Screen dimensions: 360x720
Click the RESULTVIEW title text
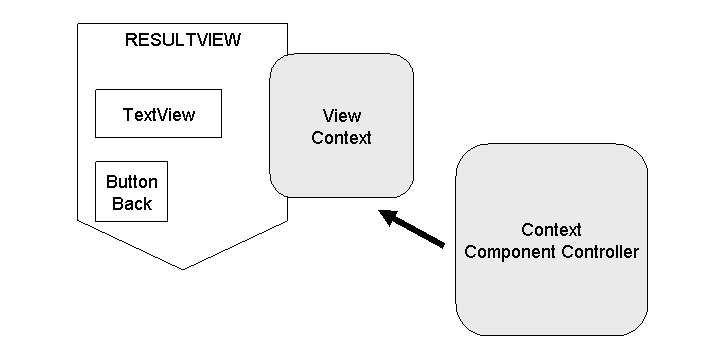(183, 40)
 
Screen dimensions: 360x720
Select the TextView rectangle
(158, 114)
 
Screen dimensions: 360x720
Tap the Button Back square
(131, 191)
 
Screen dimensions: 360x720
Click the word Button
(131, 182)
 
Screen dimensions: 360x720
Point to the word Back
(131, 204)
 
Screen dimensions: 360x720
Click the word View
(341, 115)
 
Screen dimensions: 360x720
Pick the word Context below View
(341, 138)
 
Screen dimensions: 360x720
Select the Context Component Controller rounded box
(551, 239)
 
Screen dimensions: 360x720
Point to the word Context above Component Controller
(551, 230)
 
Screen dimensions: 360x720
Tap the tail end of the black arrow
(444, 244)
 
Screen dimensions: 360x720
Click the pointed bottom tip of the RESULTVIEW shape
(183, 269)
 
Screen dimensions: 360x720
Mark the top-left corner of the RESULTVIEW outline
(78, 24)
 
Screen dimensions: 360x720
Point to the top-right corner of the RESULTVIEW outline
(288, 24)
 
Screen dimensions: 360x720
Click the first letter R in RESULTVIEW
(130, 40)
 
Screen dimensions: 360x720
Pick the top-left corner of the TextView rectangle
(95, 91)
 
